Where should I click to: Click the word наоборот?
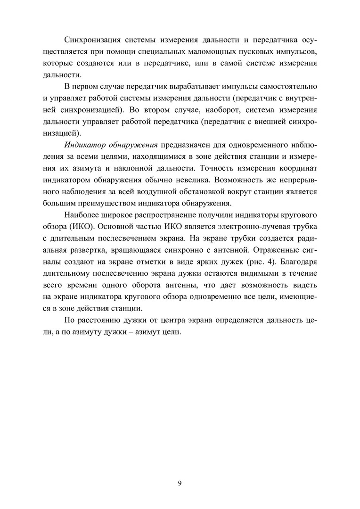(214, 110)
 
